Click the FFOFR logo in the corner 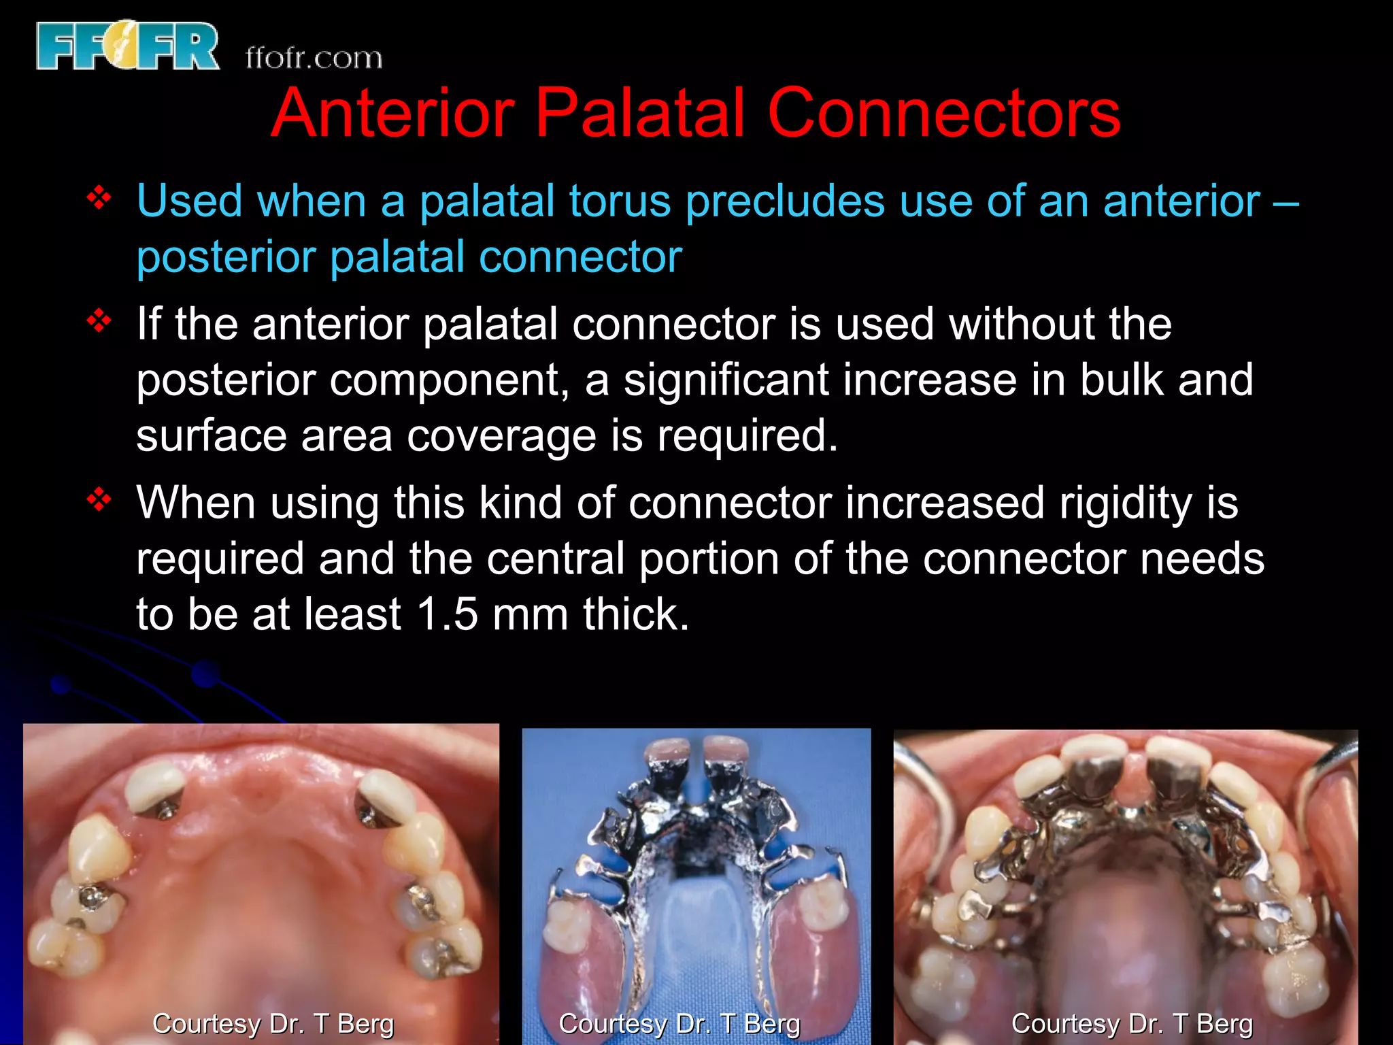(128, 46)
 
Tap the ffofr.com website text (314, 59)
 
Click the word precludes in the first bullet (785, 203)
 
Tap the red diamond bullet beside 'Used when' (99, 199)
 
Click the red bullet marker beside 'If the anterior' (99, 320)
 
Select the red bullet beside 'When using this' (99, 500)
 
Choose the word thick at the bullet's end (636, 614)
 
